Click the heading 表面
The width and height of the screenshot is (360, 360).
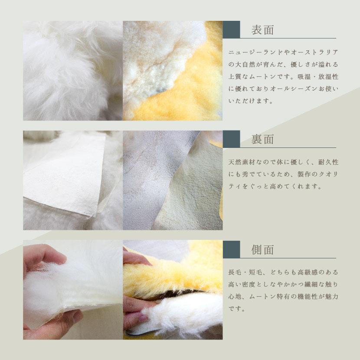pos(262,30)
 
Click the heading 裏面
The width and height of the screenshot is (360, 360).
pos(262,140)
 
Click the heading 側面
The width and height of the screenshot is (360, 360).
pos(262,249)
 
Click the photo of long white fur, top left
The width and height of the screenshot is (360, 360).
pos(72,70)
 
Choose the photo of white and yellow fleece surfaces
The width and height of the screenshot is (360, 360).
pos(173,70)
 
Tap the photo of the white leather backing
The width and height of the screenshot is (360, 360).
pos(72,180)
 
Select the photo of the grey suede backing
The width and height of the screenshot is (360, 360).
pos(173,180)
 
